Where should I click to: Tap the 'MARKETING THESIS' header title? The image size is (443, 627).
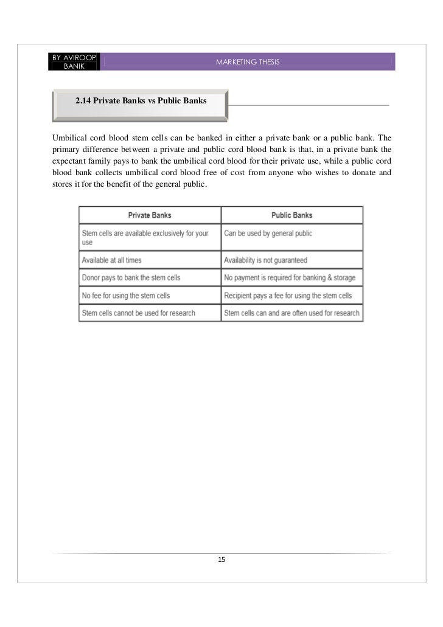tap(248, 63)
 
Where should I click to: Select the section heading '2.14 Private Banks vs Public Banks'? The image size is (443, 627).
tap(141, 101)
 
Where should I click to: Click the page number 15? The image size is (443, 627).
tap(221, 559)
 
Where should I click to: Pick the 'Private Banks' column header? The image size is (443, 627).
tap(150, 215)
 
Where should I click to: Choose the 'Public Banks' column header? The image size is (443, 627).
tap(291, 215)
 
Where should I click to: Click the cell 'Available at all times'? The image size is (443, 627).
tap(111, 260)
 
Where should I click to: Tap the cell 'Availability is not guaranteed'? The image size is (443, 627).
tap(265, 260)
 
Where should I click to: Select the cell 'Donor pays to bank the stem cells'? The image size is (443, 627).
tap(131, 278)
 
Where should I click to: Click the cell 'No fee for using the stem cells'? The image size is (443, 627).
tap(125, 296)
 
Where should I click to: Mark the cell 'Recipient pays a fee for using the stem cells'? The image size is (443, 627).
tap(288, 296)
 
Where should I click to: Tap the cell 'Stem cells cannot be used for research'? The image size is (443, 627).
tap(138, 313)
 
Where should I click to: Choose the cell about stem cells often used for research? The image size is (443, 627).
tap(291, 313)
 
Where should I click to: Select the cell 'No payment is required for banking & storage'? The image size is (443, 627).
tap(290, 278)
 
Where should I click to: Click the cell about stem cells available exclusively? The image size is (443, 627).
tap(145, 237)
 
